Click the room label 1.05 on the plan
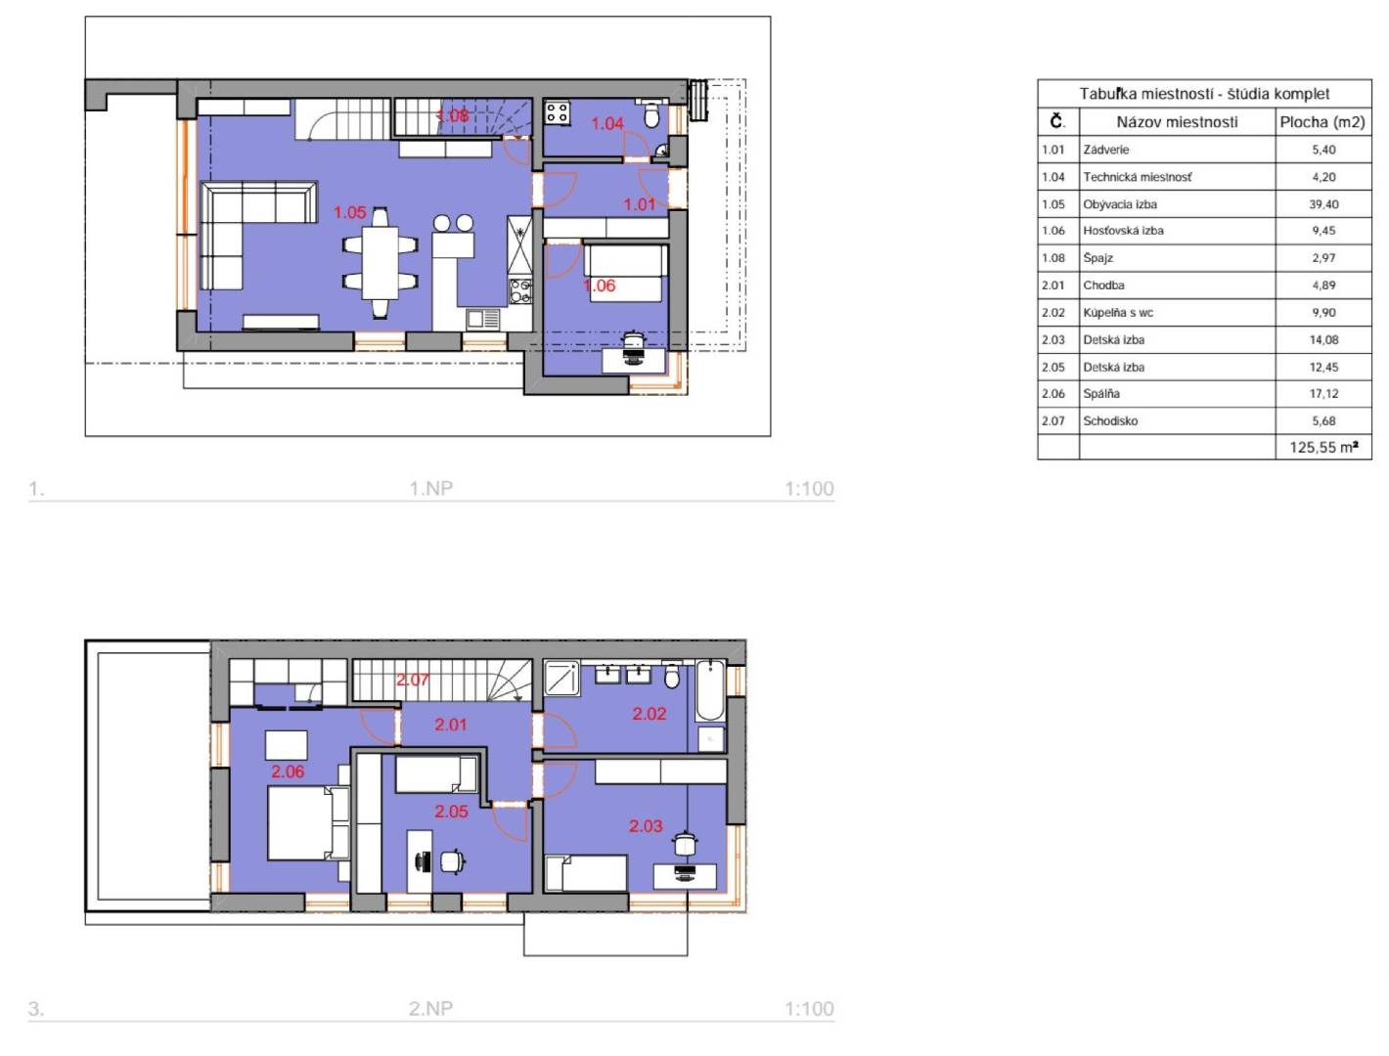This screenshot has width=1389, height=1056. (349, 212)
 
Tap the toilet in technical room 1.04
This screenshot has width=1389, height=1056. (650, 114)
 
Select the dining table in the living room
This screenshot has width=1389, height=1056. (380, 262)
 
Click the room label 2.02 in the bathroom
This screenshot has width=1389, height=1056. (649, 714)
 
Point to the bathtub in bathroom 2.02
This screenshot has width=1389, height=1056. (709, 690)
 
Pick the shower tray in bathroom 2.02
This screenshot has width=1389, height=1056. (561, 679)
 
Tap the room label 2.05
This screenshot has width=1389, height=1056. (451, 812)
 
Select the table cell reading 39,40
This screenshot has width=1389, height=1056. (1323, 204)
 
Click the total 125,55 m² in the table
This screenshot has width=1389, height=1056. (1323, 447)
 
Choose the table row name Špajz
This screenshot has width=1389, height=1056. (1098, 258)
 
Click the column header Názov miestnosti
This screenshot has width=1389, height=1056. (1177, 122)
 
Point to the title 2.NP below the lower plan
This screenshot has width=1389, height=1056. (430, 1008)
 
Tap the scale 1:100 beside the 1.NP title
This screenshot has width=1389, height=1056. (809, 488)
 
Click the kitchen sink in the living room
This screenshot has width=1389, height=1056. (484, 320)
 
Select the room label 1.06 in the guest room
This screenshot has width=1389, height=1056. (599, 286)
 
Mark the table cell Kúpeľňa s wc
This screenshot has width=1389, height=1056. (1117, 312)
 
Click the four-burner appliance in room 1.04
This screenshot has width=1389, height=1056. (557, 113)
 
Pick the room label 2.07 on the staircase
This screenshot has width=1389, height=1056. (412, 680)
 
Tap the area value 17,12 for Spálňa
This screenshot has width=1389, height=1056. (1323, 393)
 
